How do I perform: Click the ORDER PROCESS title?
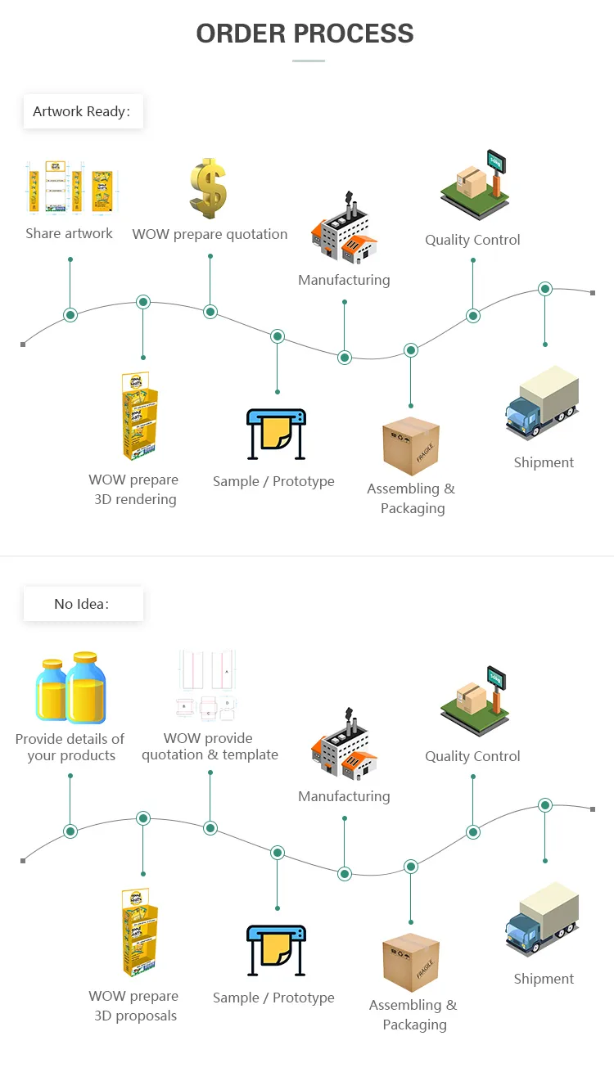305,34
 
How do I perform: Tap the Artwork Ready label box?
84,111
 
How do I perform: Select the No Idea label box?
84,604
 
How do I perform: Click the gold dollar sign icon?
208,188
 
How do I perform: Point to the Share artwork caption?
69,233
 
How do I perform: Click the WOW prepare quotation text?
210,234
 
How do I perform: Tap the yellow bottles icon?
70,687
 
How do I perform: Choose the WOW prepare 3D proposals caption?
134,1006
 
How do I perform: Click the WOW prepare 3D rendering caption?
134,489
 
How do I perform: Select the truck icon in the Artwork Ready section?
542,403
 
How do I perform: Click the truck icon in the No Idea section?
542,919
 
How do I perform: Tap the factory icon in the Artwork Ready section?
344,227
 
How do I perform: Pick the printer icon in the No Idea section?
277,950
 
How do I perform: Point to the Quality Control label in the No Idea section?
472,756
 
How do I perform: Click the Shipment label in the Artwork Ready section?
544,462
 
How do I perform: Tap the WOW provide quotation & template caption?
210,746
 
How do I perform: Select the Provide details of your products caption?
70,747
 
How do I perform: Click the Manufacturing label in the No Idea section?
344,796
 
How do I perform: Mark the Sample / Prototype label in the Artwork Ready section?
273,481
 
